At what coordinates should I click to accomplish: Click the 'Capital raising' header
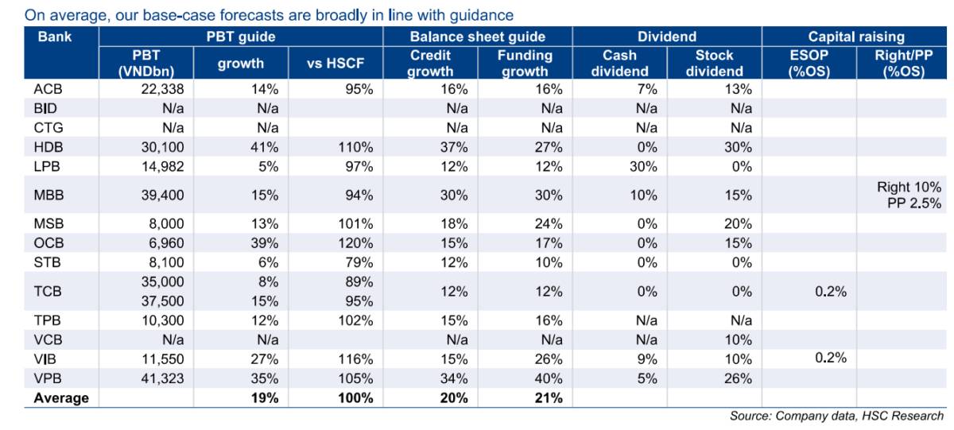856,37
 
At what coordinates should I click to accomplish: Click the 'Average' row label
60,398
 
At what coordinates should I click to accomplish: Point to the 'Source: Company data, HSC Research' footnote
836,416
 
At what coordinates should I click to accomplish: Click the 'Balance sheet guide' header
477,37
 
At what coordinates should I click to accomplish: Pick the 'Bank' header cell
53,37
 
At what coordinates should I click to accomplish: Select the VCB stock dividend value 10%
735,340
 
